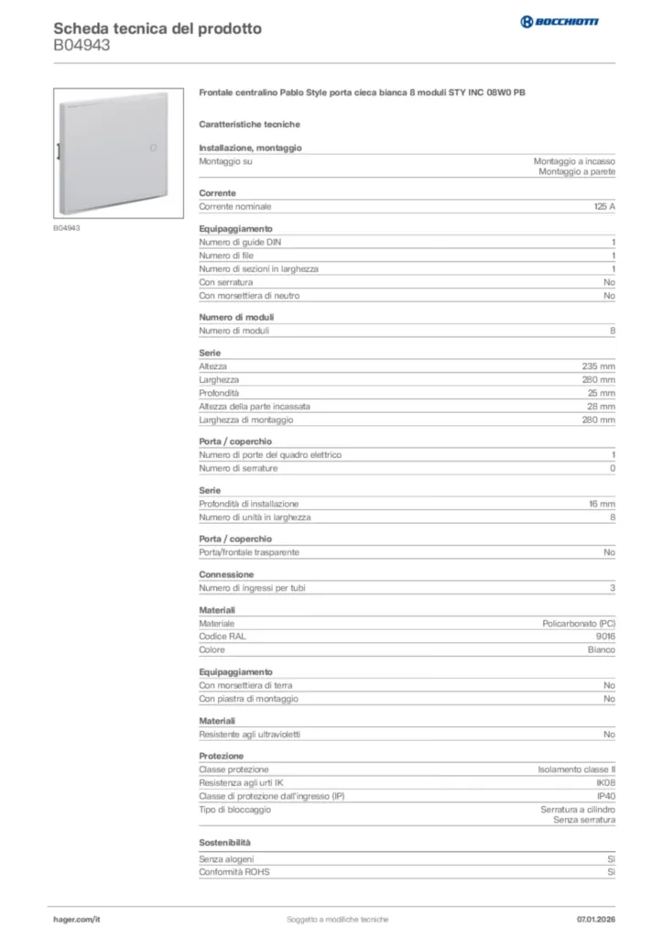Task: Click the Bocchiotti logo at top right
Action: point(559,21)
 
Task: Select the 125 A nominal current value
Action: point(604,207)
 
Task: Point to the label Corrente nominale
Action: point(235,207)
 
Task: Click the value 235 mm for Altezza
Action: point(599,366)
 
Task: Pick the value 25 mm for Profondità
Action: point(601,393)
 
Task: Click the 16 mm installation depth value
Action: point(601,504)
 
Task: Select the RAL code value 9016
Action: point(605,637)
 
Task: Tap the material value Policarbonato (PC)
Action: point(579,624)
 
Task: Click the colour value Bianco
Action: point(601,650)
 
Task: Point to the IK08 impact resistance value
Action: point(605,783)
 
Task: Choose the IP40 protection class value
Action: point(605,797)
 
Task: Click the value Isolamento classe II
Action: point(576,770)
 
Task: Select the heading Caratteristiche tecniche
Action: point(249,125)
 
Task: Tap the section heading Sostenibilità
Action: point(224,842)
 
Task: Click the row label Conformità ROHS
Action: point(234,872)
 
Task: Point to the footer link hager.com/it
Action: point(75,919)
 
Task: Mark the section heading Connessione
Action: point(226,574)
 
